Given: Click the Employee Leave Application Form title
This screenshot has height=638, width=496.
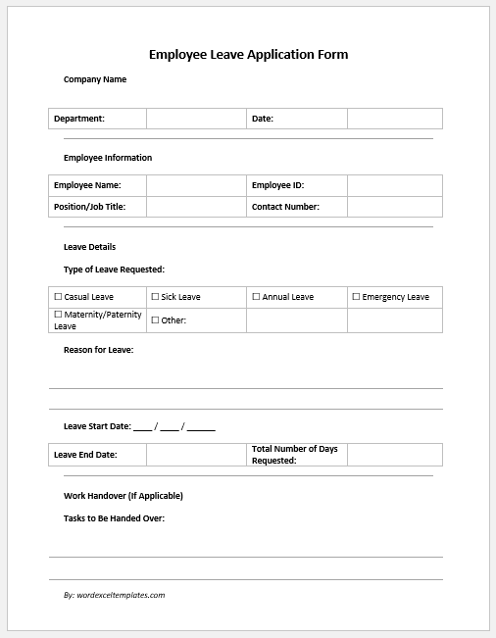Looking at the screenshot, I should [x=248, y=55].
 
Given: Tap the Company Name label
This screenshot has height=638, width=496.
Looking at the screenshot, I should [x=95, y=79].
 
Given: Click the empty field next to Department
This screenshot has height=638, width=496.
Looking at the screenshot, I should [x=196, y=119].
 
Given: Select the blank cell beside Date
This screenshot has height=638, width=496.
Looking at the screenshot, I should [x=394, y=119].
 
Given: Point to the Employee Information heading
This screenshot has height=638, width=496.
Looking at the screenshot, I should [x=108, y=158].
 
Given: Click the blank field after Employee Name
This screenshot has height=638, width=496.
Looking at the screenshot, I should [x=196, y=185].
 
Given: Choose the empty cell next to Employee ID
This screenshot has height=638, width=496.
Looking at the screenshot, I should [x=394, y=185].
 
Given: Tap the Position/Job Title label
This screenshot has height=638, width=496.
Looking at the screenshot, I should [x=89, y=207].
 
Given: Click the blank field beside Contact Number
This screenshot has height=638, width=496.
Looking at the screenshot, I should [x=394, y=207].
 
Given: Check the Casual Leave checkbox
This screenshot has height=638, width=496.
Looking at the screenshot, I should [x=58, y=297].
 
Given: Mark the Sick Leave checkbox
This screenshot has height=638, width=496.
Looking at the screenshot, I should [x=155, y=297].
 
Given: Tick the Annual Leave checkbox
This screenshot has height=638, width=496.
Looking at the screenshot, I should [x=256, y=297].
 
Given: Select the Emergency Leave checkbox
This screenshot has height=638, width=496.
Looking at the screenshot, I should [x=356, y=297].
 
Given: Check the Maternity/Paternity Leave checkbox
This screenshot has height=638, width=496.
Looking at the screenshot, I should [x=58, y=316].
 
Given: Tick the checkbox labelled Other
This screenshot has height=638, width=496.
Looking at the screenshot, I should [x=155, y=320].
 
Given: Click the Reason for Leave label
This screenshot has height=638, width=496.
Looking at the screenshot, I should [x=98, y=350].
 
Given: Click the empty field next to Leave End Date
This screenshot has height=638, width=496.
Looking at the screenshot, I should [x=196, y=455].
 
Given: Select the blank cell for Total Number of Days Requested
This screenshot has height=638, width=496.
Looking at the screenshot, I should [x=394, y=455].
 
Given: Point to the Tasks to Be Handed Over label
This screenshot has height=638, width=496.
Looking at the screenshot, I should [x=114, y=517].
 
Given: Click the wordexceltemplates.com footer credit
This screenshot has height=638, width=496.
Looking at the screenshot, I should [x=114, y=595].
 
